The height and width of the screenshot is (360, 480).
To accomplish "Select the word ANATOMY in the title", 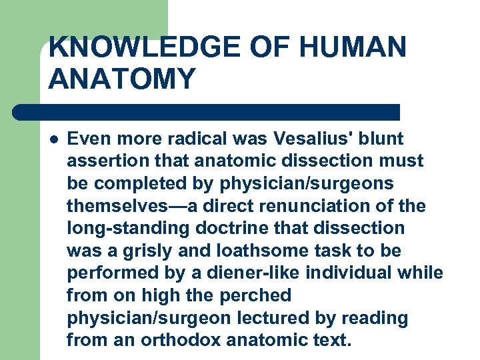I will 123,79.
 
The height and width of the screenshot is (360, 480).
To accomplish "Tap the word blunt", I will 381,139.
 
